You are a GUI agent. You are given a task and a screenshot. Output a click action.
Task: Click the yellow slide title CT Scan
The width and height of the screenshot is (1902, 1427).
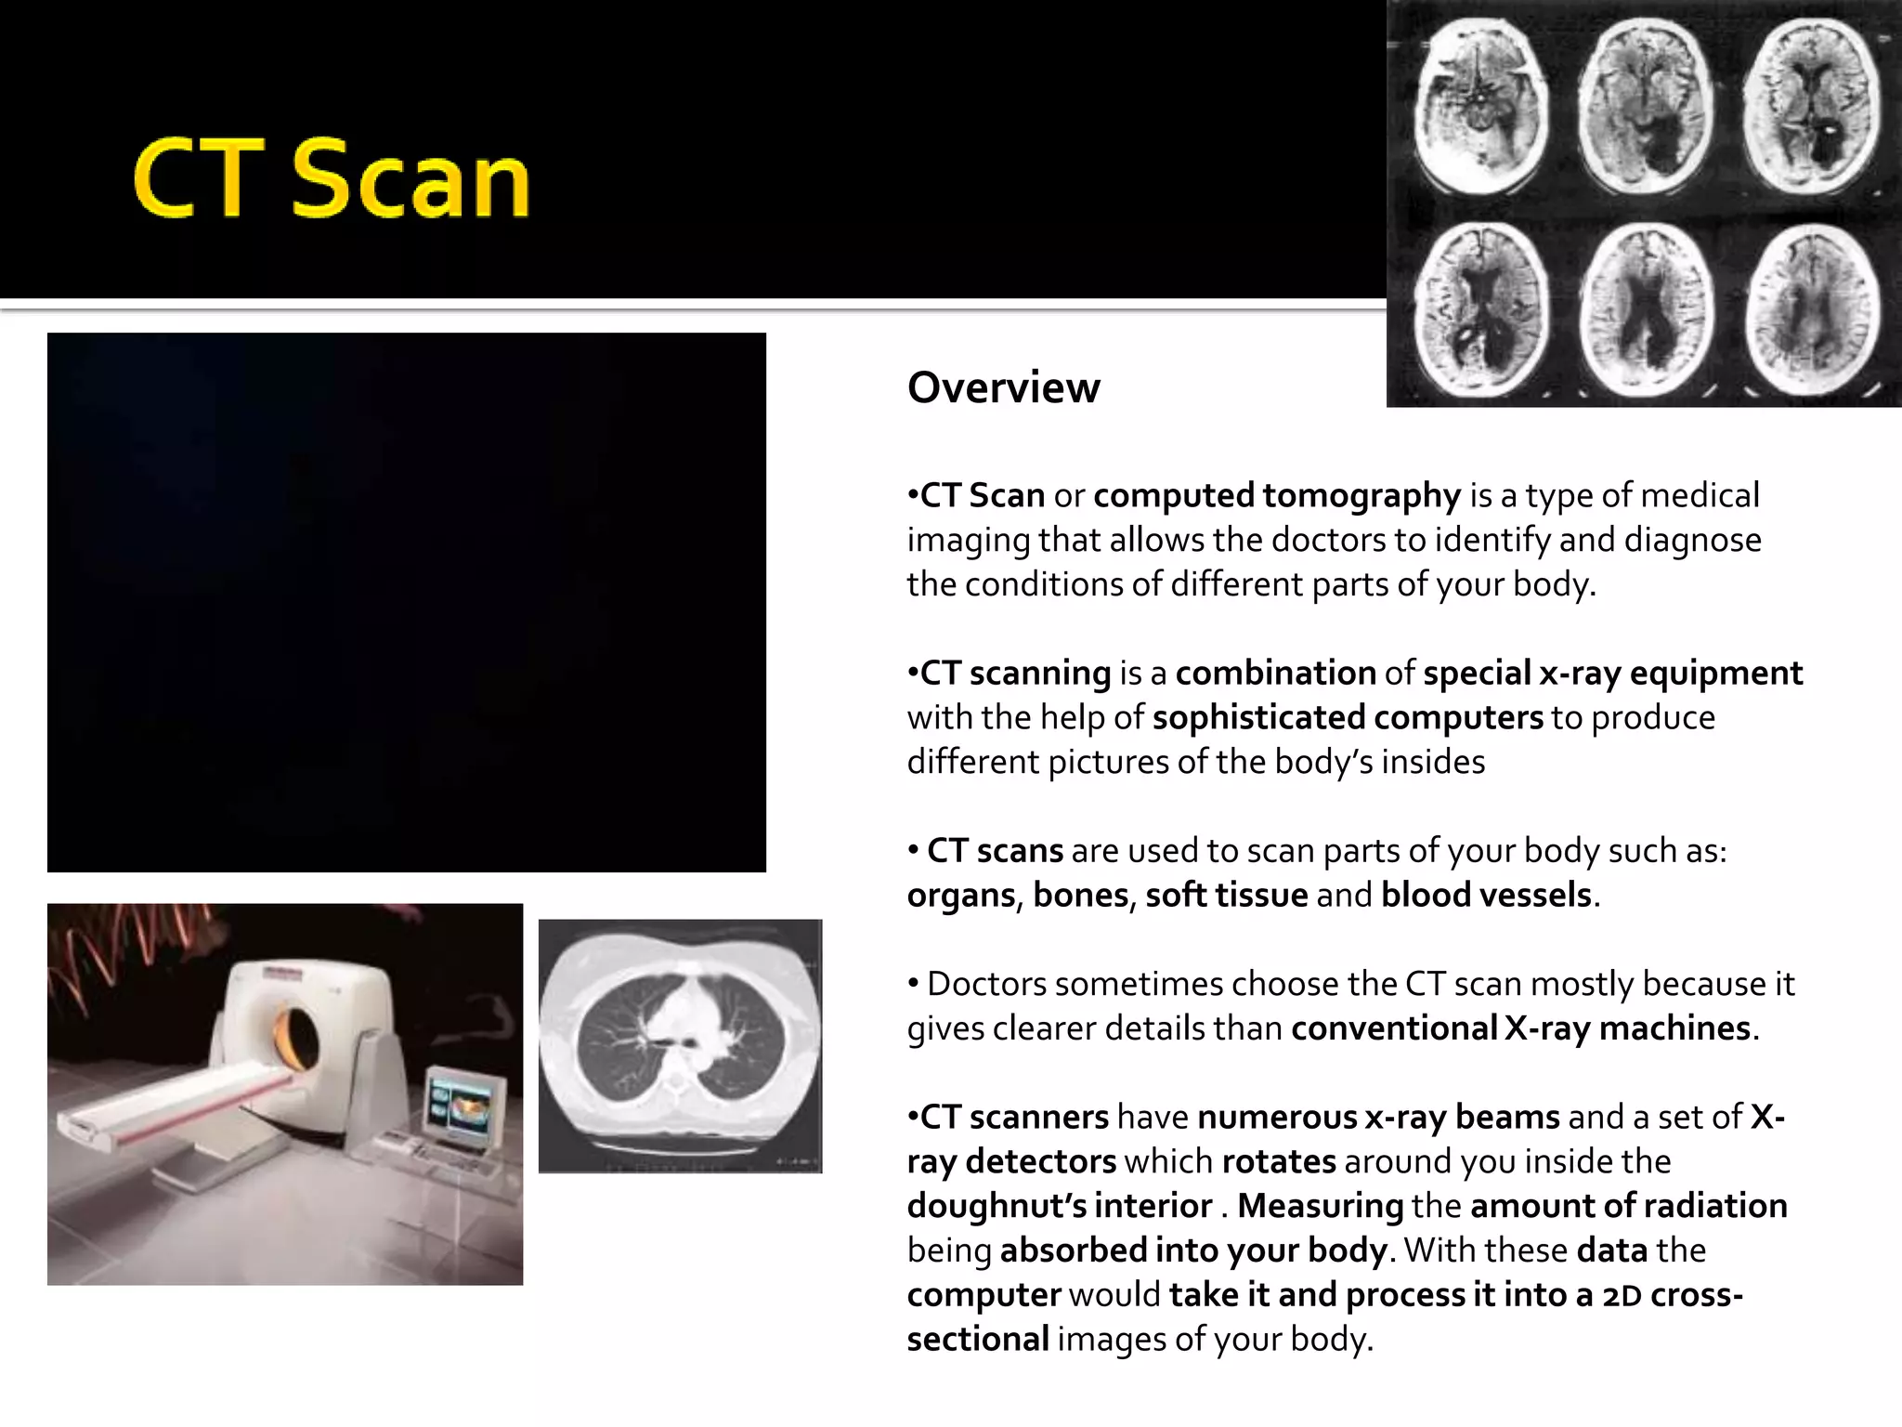[x=332, y=180]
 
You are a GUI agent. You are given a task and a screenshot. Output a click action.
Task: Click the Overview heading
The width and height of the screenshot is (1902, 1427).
[x=1003, y=387]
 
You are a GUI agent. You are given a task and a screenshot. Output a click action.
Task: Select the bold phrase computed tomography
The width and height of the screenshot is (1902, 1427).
[x=1277, y=496]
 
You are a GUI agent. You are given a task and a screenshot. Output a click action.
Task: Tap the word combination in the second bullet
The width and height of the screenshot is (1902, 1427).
[x=1275, y=673]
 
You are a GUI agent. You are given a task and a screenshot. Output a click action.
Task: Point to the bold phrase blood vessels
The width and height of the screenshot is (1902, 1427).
[x=1486, y=895]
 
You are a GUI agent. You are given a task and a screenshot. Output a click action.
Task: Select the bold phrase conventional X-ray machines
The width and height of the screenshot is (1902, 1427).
[x=1520, y=1028]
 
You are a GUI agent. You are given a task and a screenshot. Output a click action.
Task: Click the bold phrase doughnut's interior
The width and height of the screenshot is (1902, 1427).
[x=1060, y=1206]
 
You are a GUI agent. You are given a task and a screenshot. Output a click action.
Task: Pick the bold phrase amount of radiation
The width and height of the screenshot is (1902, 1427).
[x=1628, y=1206]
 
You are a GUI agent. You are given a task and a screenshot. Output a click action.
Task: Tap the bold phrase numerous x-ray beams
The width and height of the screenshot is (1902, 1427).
[x=1378, y=1117]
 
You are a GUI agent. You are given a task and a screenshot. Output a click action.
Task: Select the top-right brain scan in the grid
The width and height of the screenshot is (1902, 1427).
[x=1811, y=104]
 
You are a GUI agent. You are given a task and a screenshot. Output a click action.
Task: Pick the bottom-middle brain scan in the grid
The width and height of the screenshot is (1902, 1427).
[x=1647, y=310]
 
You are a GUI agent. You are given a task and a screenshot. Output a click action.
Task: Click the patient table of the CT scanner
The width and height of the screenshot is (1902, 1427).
[x=176, y=1106]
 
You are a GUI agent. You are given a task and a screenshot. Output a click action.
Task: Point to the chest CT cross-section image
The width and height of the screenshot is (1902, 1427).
[x=680, y=1045]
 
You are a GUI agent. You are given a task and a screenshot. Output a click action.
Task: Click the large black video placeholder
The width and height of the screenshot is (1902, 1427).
[x=407, y=602]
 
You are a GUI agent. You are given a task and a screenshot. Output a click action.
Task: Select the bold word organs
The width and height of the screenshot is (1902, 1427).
[x=961, y=895]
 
